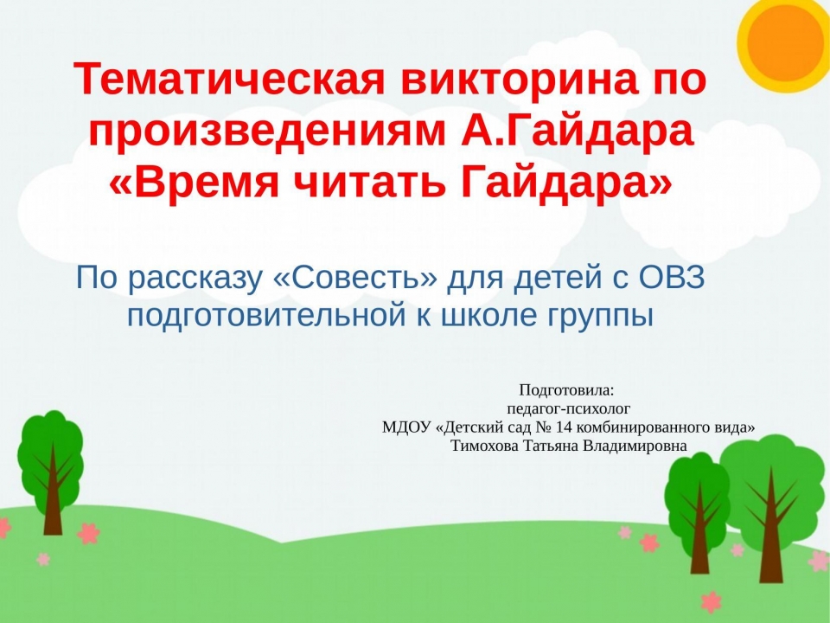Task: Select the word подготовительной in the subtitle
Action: (x=263, y=316)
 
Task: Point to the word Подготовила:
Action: (x=567, y=390)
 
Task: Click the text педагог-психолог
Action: (x=569, y=409)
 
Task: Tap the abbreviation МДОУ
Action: (x=406, y=427)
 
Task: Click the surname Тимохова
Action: (x=484, y=446)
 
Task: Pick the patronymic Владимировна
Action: (x=635, y=446)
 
